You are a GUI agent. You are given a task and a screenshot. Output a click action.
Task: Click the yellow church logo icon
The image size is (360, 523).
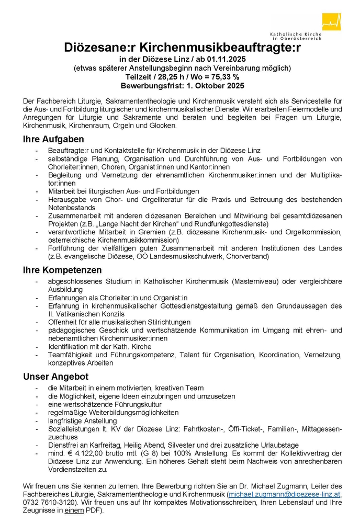click(x=331, y=22)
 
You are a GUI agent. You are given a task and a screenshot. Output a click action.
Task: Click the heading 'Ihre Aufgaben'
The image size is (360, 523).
click(x=53, y=140)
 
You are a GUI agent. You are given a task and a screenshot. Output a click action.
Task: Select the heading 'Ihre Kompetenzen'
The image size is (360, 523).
click(x=62, y=270)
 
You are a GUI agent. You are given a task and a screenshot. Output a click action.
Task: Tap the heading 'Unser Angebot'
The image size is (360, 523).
click(x=55, y=377)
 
